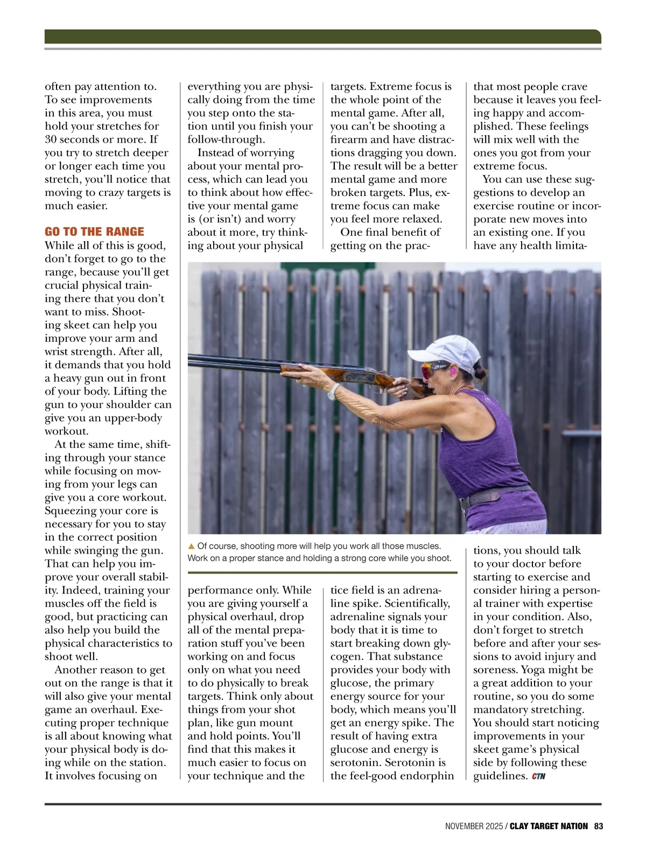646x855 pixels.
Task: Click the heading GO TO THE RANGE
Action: (x=94, y=232)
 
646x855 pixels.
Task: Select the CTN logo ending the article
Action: (x=538, y=776)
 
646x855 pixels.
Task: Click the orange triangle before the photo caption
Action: (x=191, y=546)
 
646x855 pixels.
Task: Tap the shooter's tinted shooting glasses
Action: (x=434, y=369)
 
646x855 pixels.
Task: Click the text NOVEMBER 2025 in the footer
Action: (x=473, y=826)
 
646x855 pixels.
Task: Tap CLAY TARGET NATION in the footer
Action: (x=549, y=826)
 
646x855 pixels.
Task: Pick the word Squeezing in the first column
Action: (x=69, y=511)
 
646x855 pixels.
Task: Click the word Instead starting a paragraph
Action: (x=215, y=153)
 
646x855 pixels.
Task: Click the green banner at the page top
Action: (x=322, y=36)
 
